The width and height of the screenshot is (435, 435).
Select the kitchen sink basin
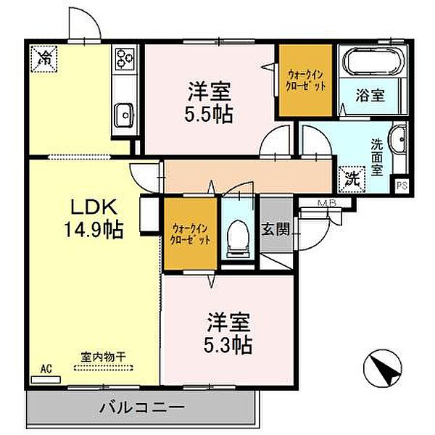pyautogui.click(x=124, y=113)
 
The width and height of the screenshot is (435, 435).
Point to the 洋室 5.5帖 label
pyautogui.click(x=211, y=103)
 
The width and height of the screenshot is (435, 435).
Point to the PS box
pyautogui.click(x=401, y=186)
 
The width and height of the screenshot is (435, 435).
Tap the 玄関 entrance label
pyautogui.click(x=275, y=230)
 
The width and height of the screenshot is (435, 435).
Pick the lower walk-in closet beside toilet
pyautogui.click(x=190, y=233)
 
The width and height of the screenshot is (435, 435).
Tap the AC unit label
pyautogui.click(x=46, y=369)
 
